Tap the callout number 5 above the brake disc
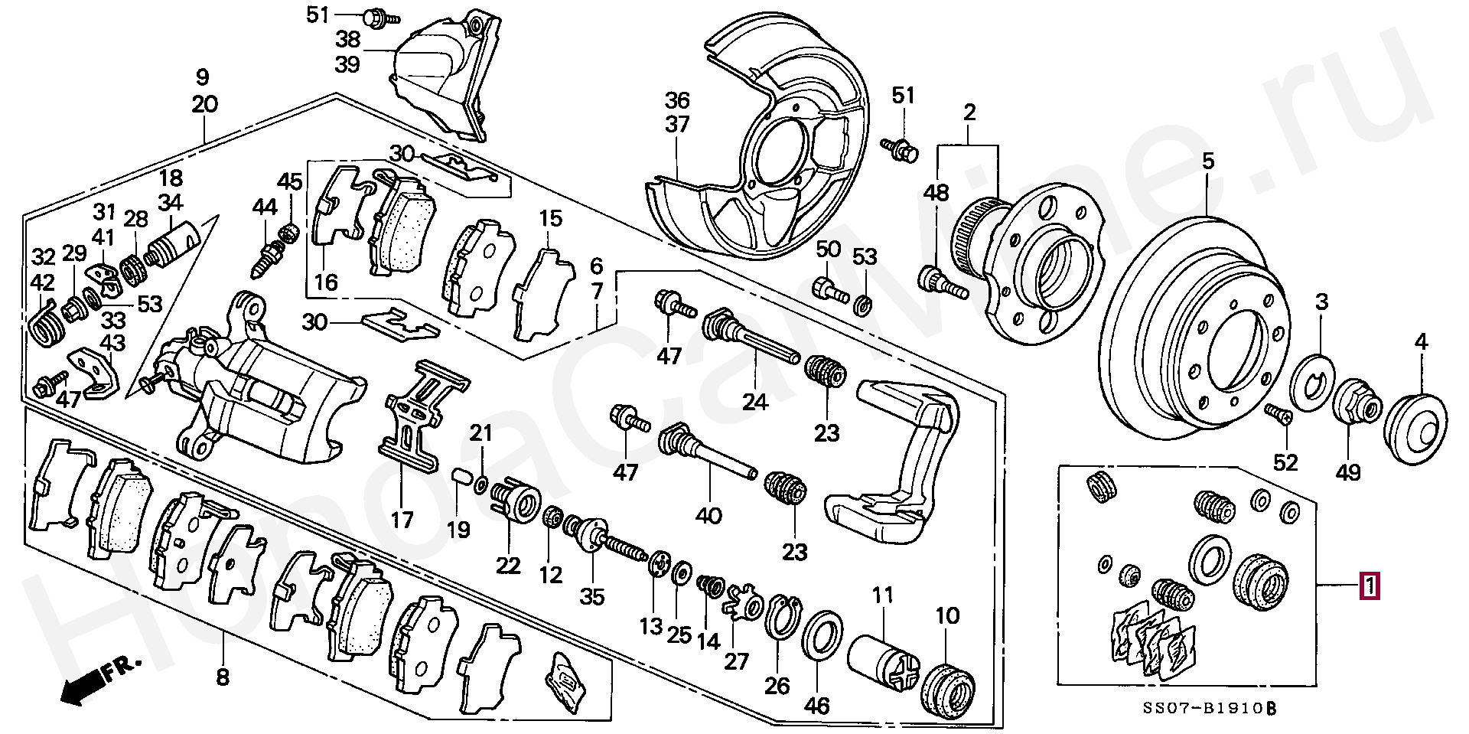tap(1207, 161)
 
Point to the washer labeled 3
tap(1314, 383)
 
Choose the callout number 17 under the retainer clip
tap(402, 520)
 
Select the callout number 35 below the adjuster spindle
tap(591, 596)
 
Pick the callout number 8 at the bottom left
tap(222, 677)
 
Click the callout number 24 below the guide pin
tap(755, 400)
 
